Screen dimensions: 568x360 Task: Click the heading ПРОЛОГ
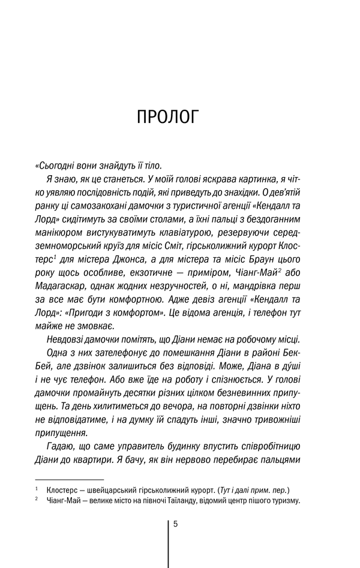click(x=167, y=116)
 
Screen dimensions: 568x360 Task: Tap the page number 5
click(x=175, y=524)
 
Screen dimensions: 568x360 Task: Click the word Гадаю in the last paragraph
click(x=60, y=446)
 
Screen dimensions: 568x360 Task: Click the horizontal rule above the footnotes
click(x=70, y=479)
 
